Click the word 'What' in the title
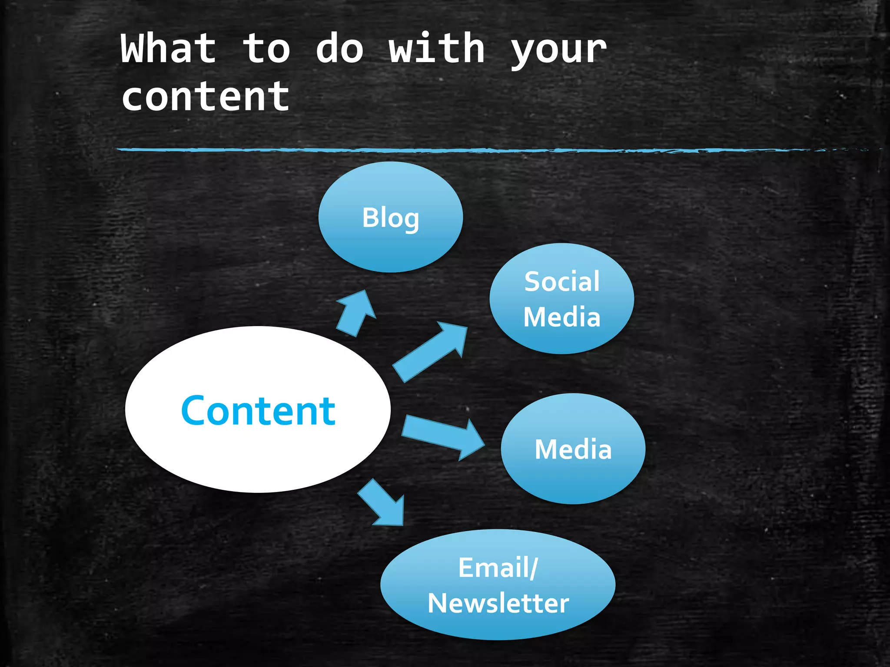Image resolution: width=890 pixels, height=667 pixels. tap(169, 49)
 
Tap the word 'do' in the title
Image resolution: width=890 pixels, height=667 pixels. tap(339, 49)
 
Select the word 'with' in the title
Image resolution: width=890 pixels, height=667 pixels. tap(436, 49)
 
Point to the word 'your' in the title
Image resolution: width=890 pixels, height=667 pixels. tap(558, 51)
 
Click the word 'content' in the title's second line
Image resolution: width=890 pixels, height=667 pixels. tap(205, 97)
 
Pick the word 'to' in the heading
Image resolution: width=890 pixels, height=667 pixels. tap(266, 49)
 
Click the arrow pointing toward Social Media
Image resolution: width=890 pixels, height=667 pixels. tap(430, 352)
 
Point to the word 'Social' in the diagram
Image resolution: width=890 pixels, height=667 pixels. tap(561, 281)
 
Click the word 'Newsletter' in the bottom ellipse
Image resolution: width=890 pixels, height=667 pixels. tap(498, 603)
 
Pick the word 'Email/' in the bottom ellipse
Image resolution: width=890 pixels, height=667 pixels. tap(498, 568)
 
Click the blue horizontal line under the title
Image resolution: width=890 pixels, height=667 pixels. tap(478, 150)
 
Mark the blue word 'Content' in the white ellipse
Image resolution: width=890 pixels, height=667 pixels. tap(258, 411)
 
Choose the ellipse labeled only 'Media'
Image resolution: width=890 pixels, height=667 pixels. tap(573, 478)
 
